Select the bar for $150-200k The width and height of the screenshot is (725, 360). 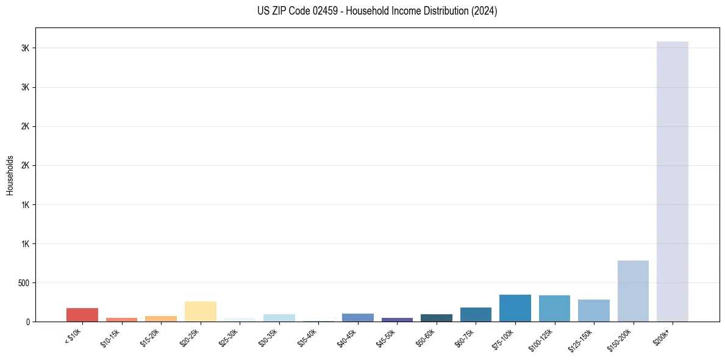tap(633, 291)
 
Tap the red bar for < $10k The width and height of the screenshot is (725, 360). tap(82, 315)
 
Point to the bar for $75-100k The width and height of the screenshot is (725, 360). tap(515, 308)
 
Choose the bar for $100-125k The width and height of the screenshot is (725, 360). tap(554, 309)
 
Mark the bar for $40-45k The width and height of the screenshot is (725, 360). tap(358, 317)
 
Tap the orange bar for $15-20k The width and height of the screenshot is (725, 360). tap(161, 319)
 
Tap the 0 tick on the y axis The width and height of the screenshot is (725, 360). tap(28, 322)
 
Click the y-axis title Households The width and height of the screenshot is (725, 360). tap(10, 175)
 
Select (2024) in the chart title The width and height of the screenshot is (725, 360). tap(485, 11)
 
